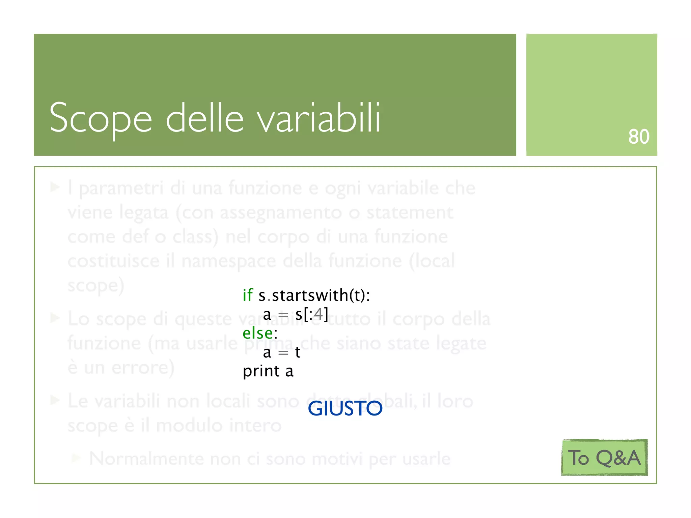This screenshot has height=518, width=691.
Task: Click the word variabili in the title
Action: pos(319,118)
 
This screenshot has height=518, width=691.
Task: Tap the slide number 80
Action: pos(638,137)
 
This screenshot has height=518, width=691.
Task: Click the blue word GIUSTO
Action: pos(345,408)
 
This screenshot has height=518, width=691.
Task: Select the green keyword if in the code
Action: pos(248,295)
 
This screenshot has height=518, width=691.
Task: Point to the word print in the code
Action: pos(261,371)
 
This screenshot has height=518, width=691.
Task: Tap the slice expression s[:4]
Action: pos(311,314)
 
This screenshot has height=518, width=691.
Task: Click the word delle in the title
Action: pos(204,118)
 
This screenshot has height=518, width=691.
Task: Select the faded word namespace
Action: pos(228,261)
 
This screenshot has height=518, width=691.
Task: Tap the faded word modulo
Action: pos(189,425)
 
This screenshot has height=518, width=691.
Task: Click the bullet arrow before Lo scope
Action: pos(55,318)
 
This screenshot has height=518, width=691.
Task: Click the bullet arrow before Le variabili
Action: pos(55,400)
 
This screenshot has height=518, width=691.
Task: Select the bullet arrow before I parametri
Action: pos(55,187)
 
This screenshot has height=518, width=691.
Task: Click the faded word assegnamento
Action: pos(281,213)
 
